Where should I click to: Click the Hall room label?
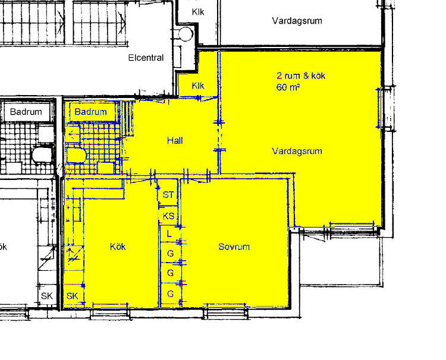[x=175, y=140]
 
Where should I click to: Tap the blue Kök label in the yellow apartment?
[x=118, y=247]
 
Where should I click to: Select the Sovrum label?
[x=234, y=247]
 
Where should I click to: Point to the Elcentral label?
[x=146, y=58]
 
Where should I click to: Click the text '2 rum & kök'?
[x=301, y=75]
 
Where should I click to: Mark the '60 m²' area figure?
[x=288, y=87]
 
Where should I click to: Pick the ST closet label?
[x=168, y=195]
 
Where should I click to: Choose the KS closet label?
[x=168, y=216]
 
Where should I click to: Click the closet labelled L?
[x=169, y=234]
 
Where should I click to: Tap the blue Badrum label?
[x=90, y=112]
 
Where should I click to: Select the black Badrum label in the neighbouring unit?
[x=26, y=112]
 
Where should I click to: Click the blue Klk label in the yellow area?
[x=198, y=86]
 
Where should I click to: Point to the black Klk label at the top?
[x=198, y=12]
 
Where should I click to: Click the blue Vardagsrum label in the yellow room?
[x=297, y=151]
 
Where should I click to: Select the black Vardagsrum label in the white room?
[x=297, y=21]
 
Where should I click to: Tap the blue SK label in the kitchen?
[x=72, y=296]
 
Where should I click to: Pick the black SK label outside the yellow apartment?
[x=47, y=296]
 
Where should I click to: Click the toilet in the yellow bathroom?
[x=76, y=155]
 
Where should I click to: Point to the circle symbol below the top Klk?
[x=186, y=34]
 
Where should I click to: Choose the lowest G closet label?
[x=170, y=293]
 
